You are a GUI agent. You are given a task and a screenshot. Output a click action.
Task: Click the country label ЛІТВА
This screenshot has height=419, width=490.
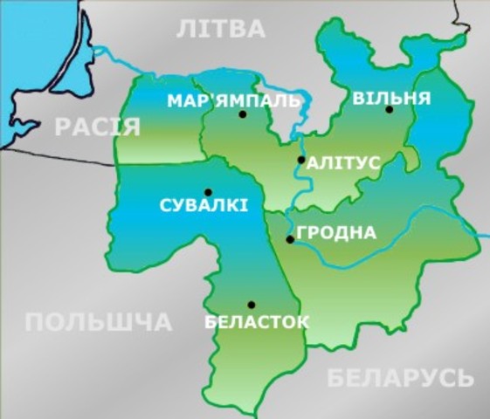pyautogui.click(x=220, y=30)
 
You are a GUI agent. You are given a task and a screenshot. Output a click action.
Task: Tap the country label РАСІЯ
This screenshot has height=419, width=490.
pyautogui.click(x=98, y=127)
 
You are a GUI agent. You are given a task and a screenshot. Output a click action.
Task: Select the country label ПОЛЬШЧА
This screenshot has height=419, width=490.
pyautogui.click(x=98, y=323)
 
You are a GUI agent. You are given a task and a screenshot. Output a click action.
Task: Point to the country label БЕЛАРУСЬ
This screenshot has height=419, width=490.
pyautogui.click(x=400, y=378)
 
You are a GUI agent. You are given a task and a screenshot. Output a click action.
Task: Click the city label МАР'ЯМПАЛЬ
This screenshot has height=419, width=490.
pyautogui.click(x=233, y=100)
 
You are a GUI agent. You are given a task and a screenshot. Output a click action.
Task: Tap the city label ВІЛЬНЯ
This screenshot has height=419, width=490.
pyautogui.click(x=390, y=97)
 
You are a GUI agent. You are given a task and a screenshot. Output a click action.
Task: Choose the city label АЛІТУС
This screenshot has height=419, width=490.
pyautogui.click(x=342, y=161)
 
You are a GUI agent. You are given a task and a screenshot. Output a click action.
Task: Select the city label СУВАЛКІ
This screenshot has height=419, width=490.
pyautogui.click(x=204, y=207)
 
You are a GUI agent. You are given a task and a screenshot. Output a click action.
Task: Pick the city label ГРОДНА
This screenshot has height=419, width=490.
pyautogui.click(x=337, y=233)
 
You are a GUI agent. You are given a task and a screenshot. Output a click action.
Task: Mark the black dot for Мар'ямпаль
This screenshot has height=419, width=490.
pyautogui.click(x=242, y=114)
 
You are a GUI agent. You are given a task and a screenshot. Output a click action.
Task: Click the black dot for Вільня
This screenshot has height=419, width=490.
pyautogui.click(x=390, y=110)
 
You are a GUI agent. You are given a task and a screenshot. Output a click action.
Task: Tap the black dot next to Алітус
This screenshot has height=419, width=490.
pyautogui.click(x=301, y=160)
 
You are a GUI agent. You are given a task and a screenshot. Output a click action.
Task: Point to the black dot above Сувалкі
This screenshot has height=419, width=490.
pyautogui.click(x=208, y=192)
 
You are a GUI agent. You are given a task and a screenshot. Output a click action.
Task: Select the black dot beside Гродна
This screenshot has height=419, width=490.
pyautogui.click(x=290, y=239)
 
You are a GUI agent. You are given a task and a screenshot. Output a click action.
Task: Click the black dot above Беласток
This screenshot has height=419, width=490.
pyautogui.click(x=251, y=305)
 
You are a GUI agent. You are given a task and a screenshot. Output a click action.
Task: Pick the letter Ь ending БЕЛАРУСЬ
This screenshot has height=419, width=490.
pyautogui.click(x=465, y=378)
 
